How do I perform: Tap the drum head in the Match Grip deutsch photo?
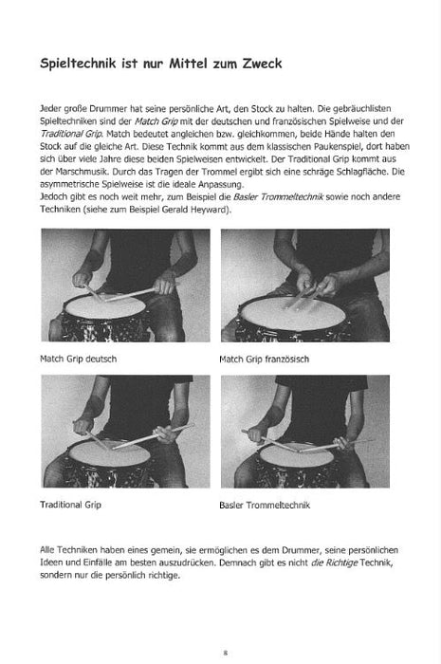tap(119, 307)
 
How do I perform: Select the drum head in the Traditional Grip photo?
tap(112, 453)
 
